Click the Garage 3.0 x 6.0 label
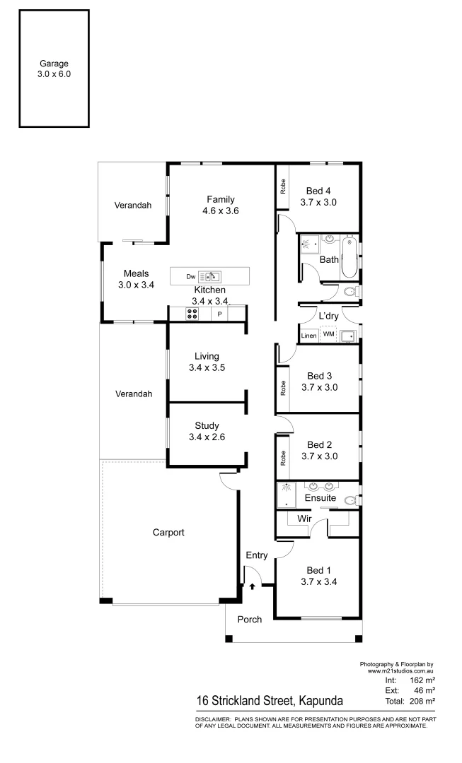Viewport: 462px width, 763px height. tap(54, 69)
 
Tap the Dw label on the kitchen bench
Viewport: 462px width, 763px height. tap(190, 276)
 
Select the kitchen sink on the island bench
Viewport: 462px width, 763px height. tap(211, 276)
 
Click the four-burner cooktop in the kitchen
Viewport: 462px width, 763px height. tap(192, 314)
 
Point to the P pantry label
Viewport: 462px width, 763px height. tap(220, 314)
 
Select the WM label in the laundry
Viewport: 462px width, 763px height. tap(328, 334)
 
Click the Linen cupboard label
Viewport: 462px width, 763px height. tap(308, 335)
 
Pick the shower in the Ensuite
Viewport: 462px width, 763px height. tap(287, 494)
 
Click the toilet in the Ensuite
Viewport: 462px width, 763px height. tap(350, 500)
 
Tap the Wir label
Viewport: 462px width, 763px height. tap(304, 519)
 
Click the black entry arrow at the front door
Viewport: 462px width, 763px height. tap(252, 586)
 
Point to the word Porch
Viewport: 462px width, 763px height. tap(249, 620)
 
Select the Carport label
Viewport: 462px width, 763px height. tap(168, 533)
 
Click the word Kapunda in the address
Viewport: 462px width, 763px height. tap(320, 702)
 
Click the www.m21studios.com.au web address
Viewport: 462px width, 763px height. tap(400, 670)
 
